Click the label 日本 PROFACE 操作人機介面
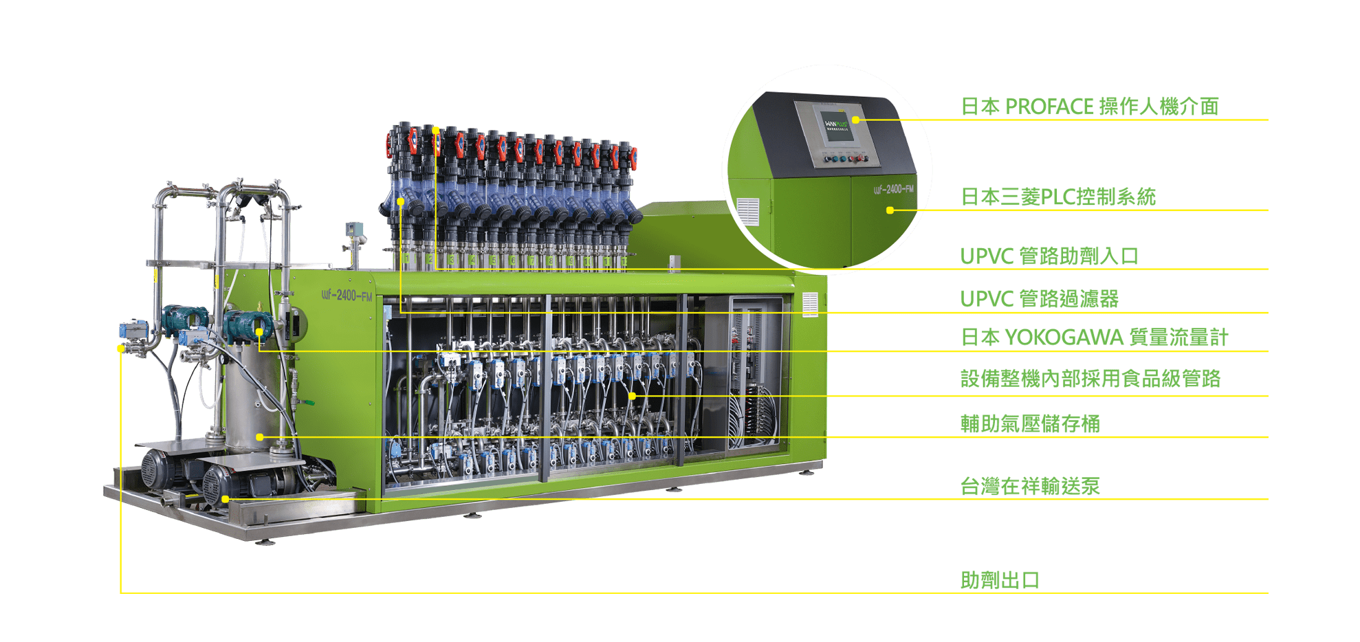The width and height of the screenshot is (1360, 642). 1089,107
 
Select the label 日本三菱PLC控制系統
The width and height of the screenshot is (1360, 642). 1058,197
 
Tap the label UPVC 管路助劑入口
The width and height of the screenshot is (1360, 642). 1049,256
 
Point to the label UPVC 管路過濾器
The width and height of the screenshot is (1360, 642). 1040,299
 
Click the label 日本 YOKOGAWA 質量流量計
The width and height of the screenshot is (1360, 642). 1095,337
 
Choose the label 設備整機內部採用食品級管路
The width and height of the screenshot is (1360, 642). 1090,379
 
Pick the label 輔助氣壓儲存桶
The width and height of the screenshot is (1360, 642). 1030,423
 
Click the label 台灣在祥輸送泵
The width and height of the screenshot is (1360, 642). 1030,486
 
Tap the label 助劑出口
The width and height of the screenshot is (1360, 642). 1000,580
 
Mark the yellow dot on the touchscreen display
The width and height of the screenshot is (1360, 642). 855,120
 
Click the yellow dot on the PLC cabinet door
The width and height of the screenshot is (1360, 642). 890,210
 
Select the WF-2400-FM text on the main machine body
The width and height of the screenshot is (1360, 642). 347,296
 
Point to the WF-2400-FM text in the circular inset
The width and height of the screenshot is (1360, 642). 894,189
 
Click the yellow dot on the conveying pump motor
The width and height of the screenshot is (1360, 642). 226,499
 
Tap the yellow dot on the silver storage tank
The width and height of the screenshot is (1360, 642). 260,437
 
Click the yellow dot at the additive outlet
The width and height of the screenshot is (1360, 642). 121,348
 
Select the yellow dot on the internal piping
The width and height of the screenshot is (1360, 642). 632,396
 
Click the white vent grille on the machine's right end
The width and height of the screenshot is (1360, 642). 811,305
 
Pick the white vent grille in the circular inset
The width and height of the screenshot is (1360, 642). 748,212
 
